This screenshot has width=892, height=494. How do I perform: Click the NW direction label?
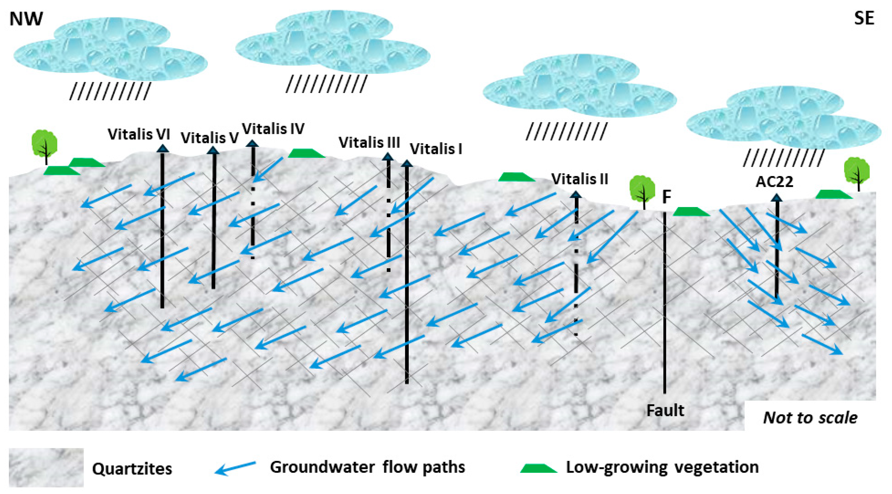pos(26,19)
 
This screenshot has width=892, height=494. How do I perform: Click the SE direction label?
pos(864,18)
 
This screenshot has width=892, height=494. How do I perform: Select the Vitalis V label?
pos(210,138)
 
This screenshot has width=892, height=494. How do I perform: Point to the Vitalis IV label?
pos(273,129)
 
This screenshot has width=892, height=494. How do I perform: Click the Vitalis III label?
pos(369,142)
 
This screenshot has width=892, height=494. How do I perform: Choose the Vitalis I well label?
pos(436,149)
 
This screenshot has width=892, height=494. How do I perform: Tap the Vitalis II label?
pos(579,179)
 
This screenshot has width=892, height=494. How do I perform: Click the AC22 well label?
pos(774,182)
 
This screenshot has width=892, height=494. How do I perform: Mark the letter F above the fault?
pos(667,197)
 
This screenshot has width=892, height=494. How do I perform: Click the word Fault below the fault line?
pos(665,410)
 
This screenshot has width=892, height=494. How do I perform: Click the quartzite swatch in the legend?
pos(46,467)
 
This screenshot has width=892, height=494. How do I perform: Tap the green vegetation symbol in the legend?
pos(538,468)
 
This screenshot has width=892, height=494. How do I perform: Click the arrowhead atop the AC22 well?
pos(777,198)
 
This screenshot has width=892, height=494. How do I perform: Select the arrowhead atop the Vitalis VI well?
pos(162,149)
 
